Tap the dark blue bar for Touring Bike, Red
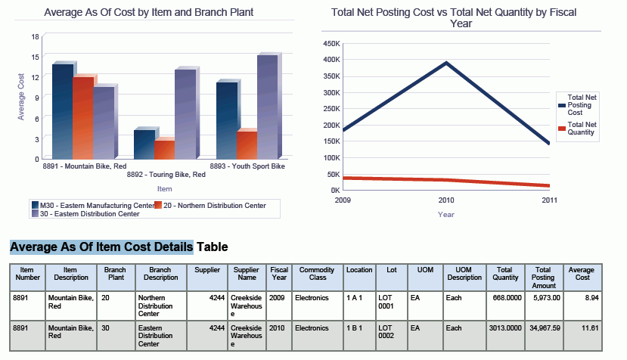144,144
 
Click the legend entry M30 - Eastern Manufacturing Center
92,205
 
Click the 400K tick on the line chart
331,59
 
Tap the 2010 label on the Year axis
446,200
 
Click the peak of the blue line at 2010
446,63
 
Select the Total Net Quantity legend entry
582,129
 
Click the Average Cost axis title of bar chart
21,97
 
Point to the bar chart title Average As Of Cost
148,12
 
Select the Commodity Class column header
316,274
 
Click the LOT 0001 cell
386,303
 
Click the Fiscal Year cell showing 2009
278,298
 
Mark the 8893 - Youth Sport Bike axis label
247,166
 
